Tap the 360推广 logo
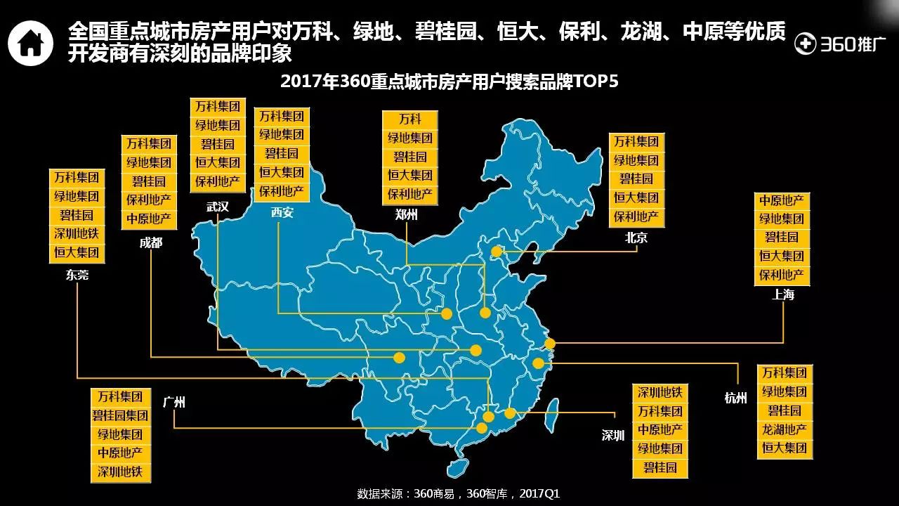[x=834, y=44]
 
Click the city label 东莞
[x=77, y=275]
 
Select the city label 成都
[x=151, y=243]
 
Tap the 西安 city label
[x=282, y=213]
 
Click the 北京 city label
[x=636, y=238]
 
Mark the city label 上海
[x=783, y=295]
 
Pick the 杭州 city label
[x=736, y=398]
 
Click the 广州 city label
[x=173, y=403]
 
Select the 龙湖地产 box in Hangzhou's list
[x=785, y=429]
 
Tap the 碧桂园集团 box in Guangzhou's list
[x=120, y=416]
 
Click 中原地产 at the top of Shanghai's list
[x=782, y=201]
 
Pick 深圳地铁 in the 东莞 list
[x=77, y=233]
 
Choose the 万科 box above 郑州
[x=410, y=119]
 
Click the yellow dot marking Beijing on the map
[x=497, y=252]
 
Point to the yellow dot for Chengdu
[x=399, y=358]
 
